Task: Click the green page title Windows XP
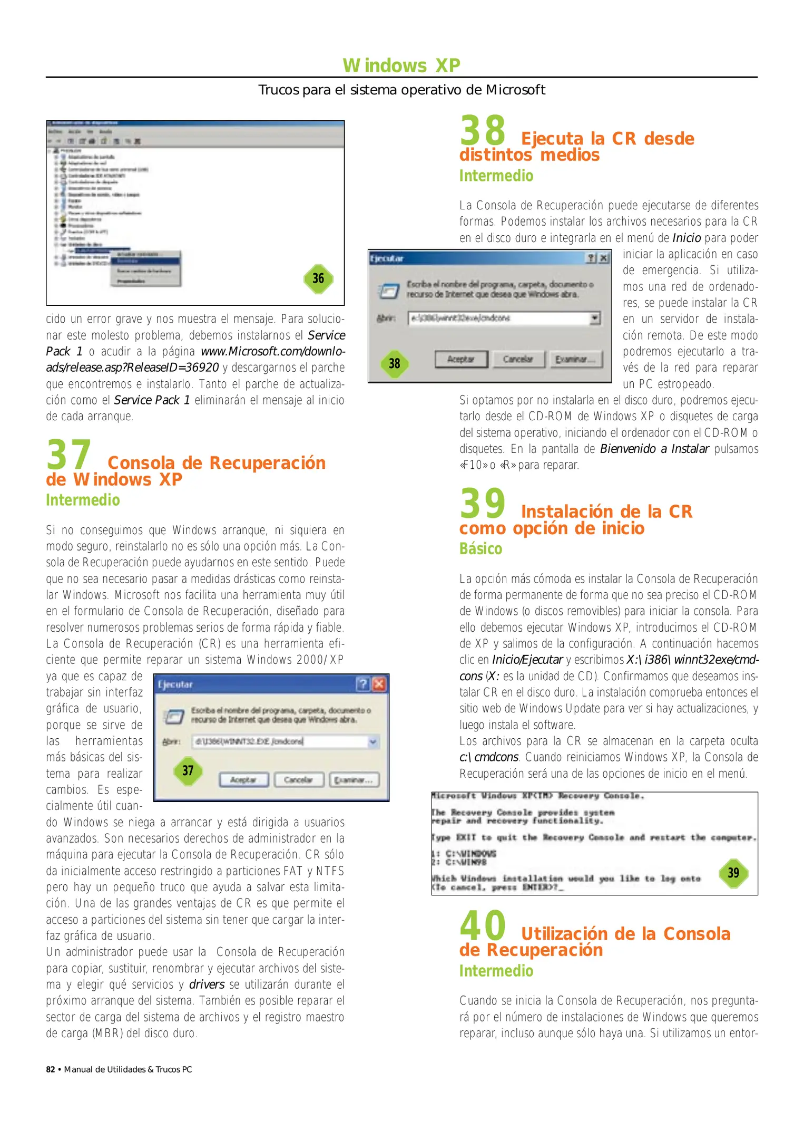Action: coord(401,65)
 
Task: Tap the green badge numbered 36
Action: coord(318,278)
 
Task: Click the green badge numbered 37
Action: coord(188,770)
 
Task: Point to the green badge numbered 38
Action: coord(395,363)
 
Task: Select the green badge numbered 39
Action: coord(733,873)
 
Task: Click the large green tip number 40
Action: coord(482,926)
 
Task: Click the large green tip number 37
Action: coord(68,455)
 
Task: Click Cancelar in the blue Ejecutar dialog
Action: coord(298,780)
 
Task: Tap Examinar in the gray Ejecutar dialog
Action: coord(575,359)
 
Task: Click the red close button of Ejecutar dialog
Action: coord(379,684)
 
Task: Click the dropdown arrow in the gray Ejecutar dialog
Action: coord(595,318)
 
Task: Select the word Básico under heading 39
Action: coord(481,549)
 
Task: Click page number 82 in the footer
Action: coord(51,1069)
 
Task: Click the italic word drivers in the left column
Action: coord(207,984)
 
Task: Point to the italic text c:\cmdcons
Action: coord(489,757)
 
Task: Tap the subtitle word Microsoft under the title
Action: coord(515,90)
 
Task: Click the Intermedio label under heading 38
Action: coord(496,176)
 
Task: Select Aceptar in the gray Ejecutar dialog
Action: coord(460,359)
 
